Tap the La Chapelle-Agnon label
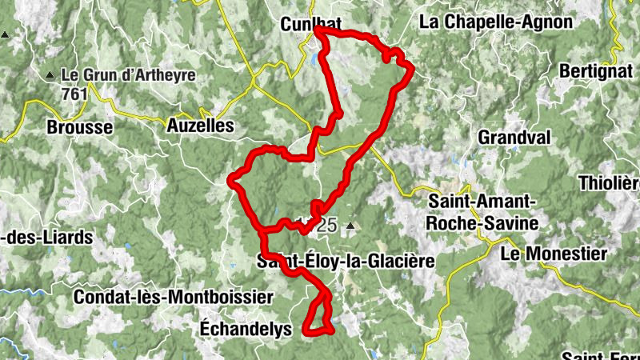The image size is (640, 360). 496,22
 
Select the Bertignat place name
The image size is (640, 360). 597,70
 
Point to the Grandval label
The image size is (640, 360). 514,138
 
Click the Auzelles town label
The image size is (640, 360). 200,126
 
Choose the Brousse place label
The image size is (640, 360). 80,127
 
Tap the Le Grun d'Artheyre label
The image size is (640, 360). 128,77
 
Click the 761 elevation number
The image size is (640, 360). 74,94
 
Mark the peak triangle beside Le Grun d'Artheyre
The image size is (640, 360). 50,76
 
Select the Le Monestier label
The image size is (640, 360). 553,254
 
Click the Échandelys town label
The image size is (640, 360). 246,329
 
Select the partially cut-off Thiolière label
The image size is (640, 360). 612,182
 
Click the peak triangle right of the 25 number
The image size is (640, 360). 350,226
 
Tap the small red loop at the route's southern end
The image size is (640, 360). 318,317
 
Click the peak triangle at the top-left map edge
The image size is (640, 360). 6,36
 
